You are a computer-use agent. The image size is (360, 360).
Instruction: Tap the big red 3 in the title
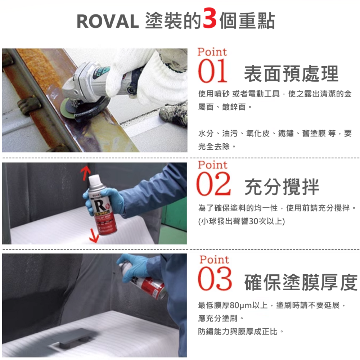tap(210, 19)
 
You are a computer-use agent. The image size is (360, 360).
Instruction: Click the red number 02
tap(214, 185)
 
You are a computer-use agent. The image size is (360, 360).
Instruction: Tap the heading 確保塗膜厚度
tap(301, 282)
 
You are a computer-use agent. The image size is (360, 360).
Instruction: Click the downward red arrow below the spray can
tap(94, 235)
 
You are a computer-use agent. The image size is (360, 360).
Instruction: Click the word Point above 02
tap(213, 165)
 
